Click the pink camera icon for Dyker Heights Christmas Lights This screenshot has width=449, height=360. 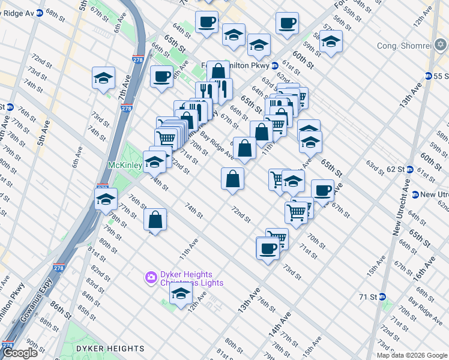(x=151, y=277)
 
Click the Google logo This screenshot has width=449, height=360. (x=19, y=353)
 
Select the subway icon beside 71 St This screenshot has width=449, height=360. (x=382, y=296)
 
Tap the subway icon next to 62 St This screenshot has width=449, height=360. (x=410, y=169)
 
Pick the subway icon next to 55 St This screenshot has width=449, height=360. (x=429, y=76)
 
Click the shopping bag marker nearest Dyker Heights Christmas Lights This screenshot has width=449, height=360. (x=155, y=220)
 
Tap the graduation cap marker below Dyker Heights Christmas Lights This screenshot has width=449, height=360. (x=180, y=294)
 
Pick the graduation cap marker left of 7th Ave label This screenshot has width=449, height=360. (x=104, y=78)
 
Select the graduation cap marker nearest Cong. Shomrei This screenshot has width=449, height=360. (x=331, y=41)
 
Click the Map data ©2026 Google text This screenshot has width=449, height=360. (x=411, y=355)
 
